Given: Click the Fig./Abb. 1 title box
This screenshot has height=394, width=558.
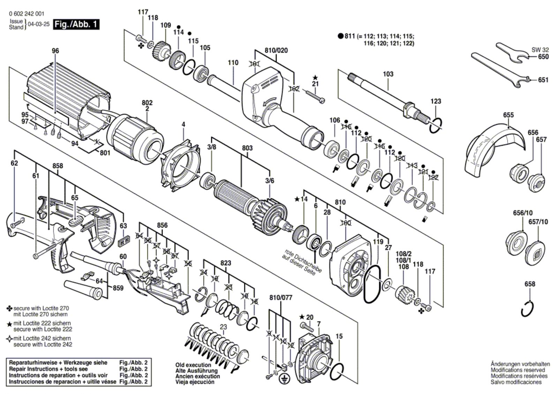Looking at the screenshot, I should pyautogui.click(x=76, y=24).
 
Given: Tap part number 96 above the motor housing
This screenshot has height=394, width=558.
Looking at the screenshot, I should pyautogui.click(x=55, y=51).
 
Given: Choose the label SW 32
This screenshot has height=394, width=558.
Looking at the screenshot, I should pyautogui.click(x=540, y=50).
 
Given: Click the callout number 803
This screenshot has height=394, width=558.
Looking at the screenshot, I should pyautogui.click(x=247, y=148).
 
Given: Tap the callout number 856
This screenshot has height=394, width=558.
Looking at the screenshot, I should pyautogui.click(x=162, y=225).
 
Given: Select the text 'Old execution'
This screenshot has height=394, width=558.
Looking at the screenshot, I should pyautogui.click(x=193, y=365).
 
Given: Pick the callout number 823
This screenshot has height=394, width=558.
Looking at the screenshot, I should pyautogui.click(x=226, y=263).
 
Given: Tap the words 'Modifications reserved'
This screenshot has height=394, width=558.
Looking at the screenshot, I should pyautogui.click(x=518, y=370).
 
